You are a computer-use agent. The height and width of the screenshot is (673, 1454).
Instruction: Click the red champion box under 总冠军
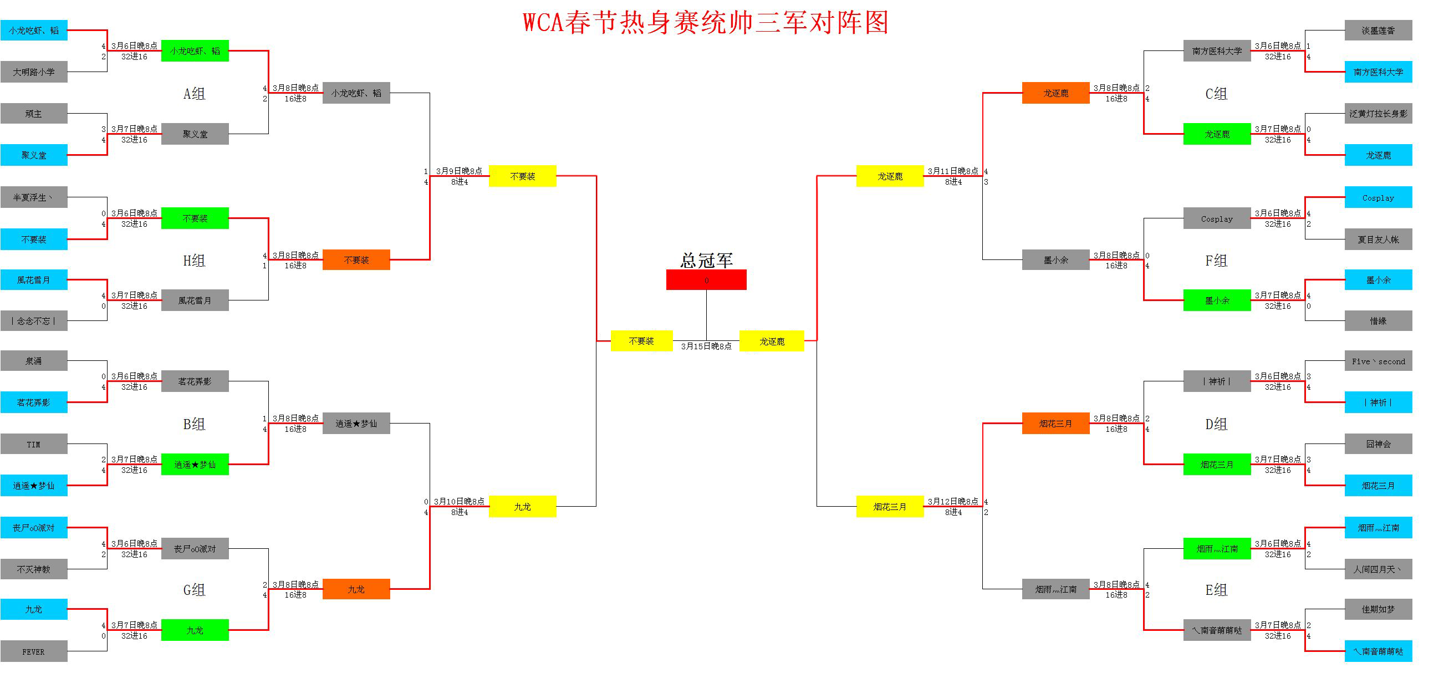tap(706, 280)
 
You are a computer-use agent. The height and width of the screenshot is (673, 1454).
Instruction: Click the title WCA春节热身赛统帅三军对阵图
tap(706, 23)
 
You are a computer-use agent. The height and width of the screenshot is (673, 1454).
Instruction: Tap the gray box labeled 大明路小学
tap(34, 72)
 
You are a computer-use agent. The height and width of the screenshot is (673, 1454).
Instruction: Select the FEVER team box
tap(34, 651)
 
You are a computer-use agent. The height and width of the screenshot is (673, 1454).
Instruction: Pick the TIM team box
tap(34, 445)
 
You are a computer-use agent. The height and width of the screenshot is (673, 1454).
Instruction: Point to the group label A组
tap(194, 94)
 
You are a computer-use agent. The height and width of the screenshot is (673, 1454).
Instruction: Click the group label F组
tap(1216, 261)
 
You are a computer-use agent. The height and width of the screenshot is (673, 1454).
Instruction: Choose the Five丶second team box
tap(1378, 361)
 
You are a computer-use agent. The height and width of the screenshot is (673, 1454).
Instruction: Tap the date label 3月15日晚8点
tap(706, 346)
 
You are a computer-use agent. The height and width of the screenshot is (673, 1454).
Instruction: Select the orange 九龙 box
tap(356, 589)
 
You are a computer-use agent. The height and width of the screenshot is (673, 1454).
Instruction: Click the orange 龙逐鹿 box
tap(1055, 93)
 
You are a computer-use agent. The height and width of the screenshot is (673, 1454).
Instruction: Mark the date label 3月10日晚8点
tap(459, 501)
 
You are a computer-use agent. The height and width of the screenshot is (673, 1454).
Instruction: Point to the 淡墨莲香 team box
tap(1378, 30)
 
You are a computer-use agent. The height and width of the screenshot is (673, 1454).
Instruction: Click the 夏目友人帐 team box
tap(1378, 239)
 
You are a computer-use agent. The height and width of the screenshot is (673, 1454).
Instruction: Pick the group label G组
tap(194, 590)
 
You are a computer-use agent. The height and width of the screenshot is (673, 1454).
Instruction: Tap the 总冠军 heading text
tap(706, 261)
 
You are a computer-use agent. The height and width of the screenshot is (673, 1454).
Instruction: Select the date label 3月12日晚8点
tap(953, 501)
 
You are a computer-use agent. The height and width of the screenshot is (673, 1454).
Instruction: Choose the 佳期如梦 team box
tap(1378, 609)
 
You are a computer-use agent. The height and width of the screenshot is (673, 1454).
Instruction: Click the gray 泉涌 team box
tap(34, 361)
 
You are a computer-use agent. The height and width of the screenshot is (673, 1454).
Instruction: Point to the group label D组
tap(1216, 424)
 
